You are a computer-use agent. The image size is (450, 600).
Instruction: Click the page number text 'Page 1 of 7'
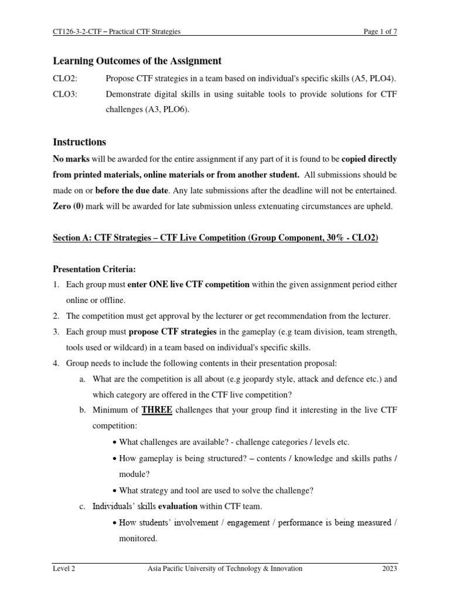pyautogui.click(x=380, y=32)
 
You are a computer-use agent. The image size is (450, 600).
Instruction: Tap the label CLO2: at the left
pyautogui.click(x=64, y=78)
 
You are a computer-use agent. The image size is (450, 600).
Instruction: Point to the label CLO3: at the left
pyautogui.click(x=64, y=94)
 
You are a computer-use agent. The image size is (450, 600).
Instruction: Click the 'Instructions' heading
pyautogui.click(x=80, y=142)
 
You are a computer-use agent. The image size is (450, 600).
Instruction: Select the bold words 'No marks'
pyautogui.click(x=71, y=159)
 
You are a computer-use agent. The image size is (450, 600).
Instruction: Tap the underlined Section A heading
pyautogui.click(x=216, y=238)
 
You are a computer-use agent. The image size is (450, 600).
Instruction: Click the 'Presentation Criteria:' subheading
pyautogui.click(x=94, y=269)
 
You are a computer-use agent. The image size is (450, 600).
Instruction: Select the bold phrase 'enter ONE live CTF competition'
pyautogui.click(x=188, y=284)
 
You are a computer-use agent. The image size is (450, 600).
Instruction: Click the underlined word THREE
pyautogui.click(x=156, y=410)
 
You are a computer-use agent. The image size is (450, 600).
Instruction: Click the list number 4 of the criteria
pyautogui.click(x=56, y=363)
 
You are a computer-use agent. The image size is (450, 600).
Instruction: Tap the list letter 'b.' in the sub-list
pyautogui.click(x=83, y=411)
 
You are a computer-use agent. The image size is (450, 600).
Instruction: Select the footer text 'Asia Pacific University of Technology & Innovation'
pyautogui.click(x=225, y=568)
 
